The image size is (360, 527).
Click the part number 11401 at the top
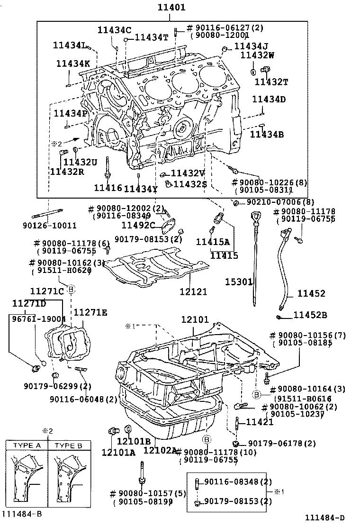[x=171, y=8]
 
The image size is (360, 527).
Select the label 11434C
[x=114, y=30]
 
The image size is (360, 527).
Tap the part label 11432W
[x=257, y=55]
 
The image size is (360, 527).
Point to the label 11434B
[x=267, y=135]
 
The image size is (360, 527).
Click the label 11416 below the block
[x=108, y=188]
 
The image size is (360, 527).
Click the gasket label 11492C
[x=138, y=225]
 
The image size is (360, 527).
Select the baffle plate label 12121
[x=193, y=292]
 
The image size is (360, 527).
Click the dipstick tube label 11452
[x=311, y=294]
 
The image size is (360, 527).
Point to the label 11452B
[x=310, y=314]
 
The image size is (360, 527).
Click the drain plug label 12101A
[x=118, y=452]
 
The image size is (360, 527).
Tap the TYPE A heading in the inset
[x=27, y=446]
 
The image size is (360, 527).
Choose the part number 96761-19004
[x=38, y=319]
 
